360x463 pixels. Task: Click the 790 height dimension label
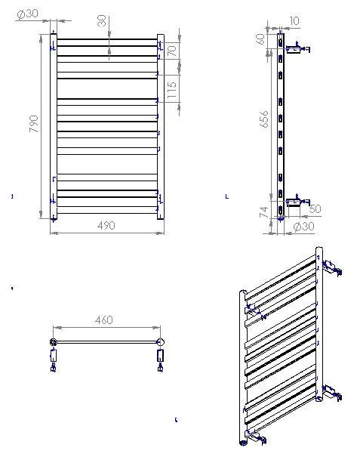(34, 124)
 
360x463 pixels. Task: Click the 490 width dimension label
(106, 226)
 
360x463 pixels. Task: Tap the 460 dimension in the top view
(104, 319)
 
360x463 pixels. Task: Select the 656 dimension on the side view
(264, 119)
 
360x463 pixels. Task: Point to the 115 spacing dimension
(172, 90)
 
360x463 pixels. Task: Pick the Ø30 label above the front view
(27, 14)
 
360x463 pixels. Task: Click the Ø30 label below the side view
(304, 227)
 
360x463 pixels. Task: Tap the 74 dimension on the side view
(264, 212)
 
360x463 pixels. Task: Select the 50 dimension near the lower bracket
(315, 208)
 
